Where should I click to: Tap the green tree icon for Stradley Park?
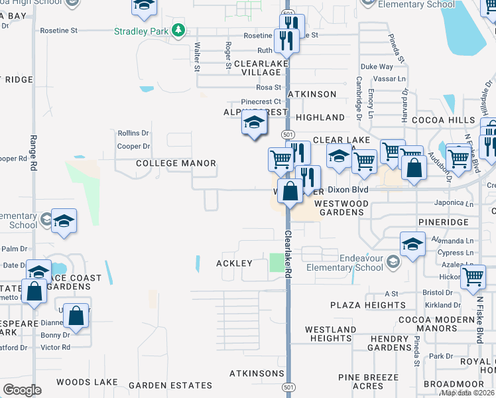point(178,31)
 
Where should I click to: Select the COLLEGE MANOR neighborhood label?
point(176,163)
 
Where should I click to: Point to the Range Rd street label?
point(32,153)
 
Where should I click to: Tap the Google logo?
point(22,390)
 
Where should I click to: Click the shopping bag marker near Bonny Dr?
point(77,316)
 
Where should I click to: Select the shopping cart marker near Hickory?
point(473,277)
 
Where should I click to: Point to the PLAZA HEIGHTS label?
point(368,305)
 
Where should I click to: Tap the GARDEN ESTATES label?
point(170,385)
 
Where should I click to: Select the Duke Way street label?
point(377,67)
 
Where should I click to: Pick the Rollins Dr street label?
point(133,133)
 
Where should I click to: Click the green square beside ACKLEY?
point(276,262)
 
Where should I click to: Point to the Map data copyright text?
point(468,393)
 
